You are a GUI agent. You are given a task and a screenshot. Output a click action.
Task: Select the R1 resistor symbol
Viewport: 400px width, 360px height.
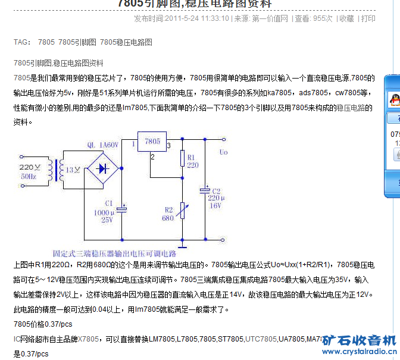pyautogui.click(x=182, y=159)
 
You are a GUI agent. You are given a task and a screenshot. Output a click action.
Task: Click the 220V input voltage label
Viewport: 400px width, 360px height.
pyautogui.click(x=30, y=167)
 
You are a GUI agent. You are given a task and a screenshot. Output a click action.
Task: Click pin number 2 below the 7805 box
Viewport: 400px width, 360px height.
pyautogui.click(x=152, y=156)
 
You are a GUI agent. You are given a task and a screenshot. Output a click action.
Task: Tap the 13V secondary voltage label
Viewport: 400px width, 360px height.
pyautogui.click(x=73, y=170)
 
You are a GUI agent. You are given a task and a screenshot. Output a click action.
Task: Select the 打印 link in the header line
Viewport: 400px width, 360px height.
pyautogui.click(x=368, y=18)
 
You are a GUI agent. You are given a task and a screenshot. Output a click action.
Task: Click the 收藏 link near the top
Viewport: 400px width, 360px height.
pyautogui.click(x=346, y=18)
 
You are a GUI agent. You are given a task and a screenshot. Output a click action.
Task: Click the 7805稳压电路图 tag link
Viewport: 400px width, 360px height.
pyautogui.click(x=126, y=42)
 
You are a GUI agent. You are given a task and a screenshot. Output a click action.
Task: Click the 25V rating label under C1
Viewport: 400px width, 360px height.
pyautogui.click(x=107, y=220)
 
